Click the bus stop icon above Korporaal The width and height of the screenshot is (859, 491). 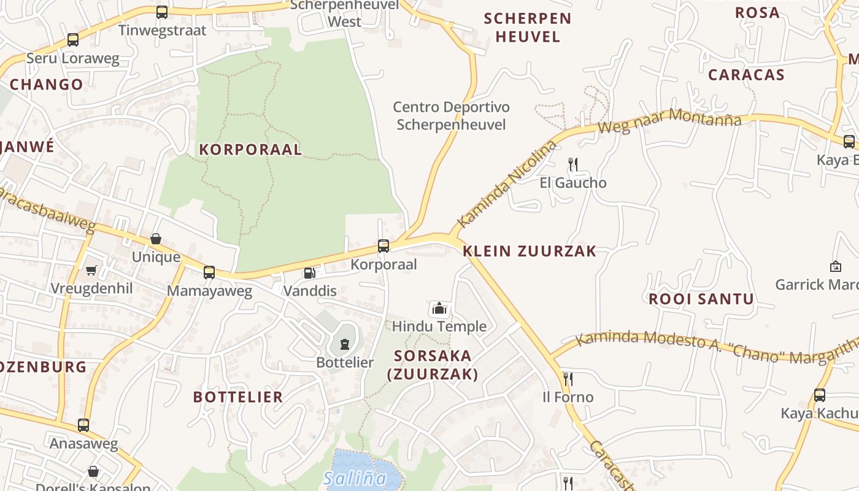coord(383,246)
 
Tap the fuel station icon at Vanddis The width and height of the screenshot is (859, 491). coord(310,273)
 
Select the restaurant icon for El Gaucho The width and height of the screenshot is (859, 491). coord(573,164)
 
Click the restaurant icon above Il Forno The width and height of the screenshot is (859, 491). coord(568,379)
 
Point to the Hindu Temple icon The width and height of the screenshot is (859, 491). coord(439,308)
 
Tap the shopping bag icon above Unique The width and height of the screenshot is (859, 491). coord(156,239)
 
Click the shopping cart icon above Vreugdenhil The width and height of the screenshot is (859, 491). coord(91,270)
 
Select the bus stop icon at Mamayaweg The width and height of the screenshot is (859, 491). coord(209,272)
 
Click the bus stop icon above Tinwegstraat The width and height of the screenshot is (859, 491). coord(162,12)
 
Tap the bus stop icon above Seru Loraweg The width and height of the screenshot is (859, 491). coord(73,40)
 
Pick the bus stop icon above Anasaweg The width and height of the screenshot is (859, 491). coord(83,425)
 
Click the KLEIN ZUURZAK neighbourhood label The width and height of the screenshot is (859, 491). coord(530,251)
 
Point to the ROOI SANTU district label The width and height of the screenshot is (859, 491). coord(701,300)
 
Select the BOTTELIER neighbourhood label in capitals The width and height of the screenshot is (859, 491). coord(238,397)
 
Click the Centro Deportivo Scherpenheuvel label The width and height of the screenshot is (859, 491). coord(451,116)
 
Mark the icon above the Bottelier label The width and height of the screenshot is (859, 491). coord(345,344)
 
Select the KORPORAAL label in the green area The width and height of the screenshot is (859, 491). coord(250,149)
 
